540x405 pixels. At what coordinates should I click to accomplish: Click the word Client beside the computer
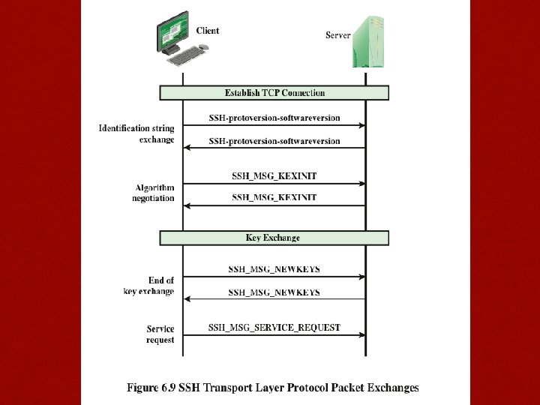[x=208, y=31]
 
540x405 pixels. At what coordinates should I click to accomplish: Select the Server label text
[x=338, y=35]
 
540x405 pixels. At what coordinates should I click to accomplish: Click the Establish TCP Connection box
[x=274, y=93]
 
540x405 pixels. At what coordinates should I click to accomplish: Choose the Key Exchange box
[x=274, y=238]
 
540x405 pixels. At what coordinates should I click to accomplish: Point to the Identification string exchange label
[x=136, y=134]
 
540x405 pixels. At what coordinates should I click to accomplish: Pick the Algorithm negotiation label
[x=154, y=193]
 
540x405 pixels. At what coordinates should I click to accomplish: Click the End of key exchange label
[x=149, y=286]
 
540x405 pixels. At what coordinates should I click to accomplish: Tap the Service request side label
[x=160, y=334]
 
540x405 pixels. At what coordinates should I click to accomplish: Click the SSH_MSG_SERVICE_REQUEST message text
[x=274, y=328]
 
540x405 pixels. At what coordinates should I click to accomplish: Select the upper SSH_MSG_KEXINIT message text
[x=274, y=176]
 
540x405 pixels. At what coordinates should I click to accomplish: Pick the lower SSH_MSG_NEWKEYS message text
[x=274, y=292]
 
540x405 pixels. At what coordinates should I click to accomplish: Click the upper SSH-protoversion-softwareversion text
[x=274, y=118]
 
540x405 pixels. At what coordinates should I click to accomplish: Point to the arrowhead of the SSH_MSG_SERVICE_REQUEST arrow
[x=361, y=334]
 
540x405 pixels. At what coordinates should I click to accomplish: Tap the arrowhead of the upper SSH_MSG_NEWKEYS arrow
[x=361, y=277]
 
